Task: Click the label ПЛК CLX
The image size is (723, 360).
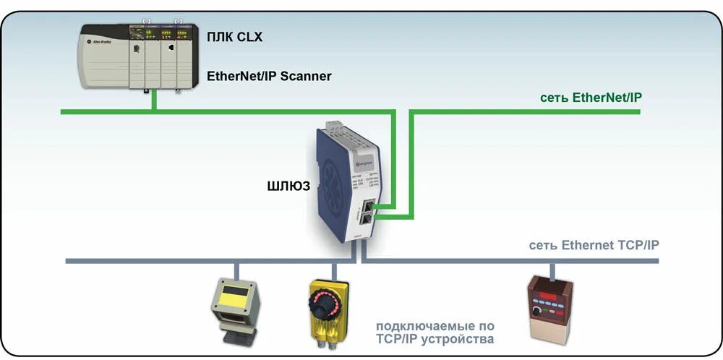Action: coord(234,37)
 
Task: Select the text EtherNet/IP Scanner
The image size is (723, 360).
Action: coord(269,75)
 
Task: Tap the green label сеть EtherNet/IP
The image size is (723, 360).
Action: coord(590,97)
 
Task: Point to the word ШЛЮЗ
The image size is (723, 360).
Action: coord(289,186)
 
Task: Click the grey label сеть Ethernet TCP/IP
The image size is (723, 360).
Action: coord(594,245)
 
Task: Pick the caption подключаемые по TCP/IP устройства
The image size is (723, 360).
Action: coord(435,332)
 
